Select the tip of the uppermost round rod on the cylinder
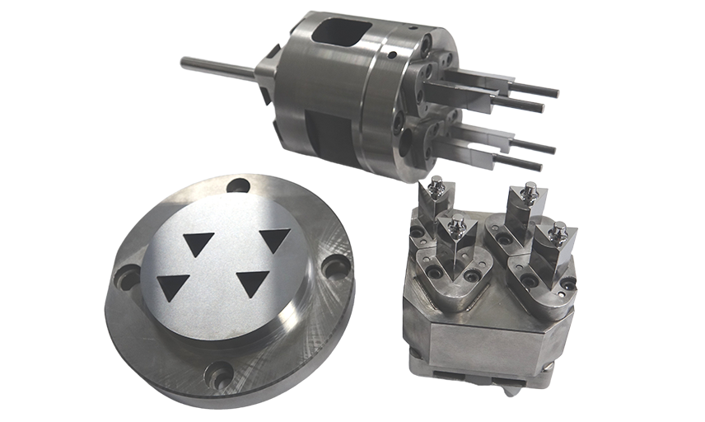(x=554, y=91)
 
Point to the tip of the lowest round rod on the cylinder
(x=537, y=167)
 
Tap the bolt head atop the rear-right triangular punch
(x=521, y=195)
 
